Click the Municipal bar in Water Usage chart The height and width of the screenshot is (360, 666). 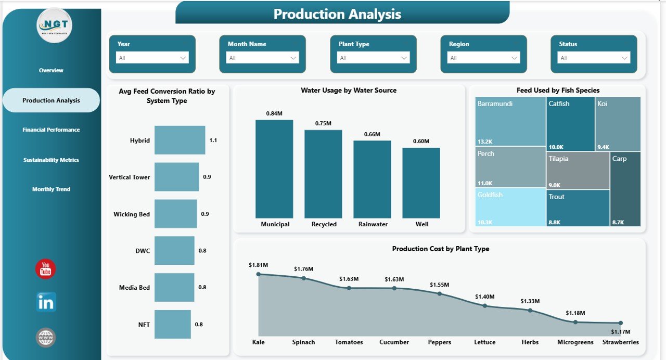(x=274, y=169)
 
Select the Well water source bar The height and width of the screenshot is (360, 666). (x=421, y=183)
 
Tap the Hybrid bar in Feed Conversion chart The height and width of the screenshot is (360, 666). (x=180, y=140)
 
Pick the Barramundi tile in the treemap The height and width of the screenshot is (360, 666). (x=510, y=121)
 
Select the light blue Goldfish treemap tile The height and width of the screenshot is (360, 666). (x=510, y=207)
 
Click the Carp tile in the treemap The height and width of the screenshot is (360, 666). (x=625, y=189)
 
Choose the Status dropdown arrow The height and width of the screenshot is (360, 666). (x=624, y=58)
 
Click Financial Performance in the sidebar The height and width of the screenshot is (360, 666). (x=51, y=130)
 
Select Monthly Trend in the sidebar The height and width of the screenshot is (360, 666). (x=51, y=189)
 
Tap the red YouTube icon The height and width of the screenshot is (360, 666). (x=45, y=269)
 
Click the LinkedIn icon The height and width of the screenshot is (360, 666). (x=46, y=302)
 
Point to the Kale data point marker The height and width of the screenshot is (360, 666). (x=259, y=274)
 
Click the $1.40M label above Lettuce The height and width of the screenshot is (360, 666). (x=484, y=297)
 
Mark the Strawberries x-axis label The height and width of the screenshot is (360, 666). (x=620, y=342)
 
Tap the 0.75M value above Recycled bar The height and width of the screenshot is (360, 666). (x=323, y=123)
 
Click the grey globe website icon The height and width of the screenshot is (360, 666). (x=46, y=337)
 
